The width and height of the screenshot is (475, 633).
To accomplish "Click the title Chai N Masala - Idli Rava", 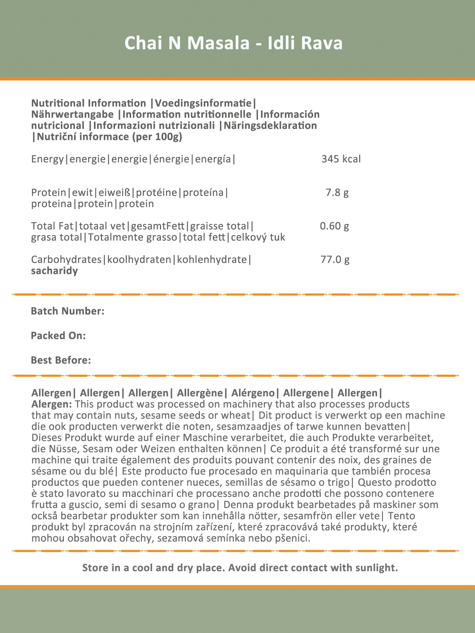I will point(233,43).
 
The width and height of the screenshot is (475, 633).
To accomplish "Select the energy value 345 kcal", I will point(341,159).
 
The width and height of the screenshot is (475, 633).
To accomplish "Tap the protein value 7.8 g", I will point(337,193).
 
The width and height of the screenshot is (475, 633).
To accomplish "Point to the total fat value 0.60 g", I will point(334,226).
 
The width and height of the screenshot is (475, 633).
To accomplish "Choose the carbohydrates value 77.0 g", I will point(335,260).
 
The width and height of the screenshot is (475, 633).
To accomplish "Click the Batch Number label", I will point(68,311).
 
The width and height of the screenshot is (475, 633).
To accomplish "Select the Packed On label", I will point(59,336).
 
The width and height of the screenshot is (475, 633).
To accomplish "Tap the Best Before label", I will point(61,360).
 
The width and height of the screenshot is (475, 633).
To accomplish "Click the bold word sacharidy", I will point(54,271).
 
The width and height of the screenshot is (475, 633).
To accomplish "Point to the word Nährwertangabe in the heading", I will point(72,114).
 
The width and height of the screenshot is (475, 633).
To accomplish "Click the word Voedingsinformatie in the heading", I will point(203,103).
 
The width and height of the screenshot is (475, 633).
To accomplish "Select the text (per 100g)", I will point(157,137).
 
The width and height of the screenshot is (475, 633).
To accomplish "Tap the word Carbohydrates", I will point(67,260).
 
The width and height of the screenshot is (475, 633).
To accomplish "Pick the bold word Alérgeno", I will point(253,393).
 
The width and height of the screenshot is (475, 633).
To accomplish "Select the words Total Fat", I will point(52,226).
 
